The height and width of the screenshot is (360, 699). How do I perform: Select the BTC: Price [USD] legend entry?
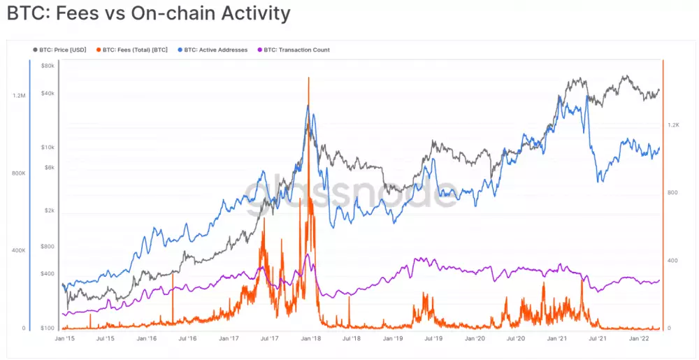point(62,50)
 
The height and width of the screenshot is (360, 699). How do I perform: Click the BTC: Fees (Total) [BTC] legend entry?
point(135,50)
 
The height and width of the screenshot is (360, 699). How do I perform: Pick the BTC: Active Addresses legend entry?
point(215,50)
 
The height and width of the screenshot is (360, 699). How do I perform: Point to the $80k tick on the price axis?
point(48,66)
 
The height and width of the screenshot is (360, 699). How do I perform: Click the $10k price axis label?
point(48,147)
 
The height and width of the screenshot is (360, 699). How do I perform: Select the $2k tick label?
point(49,210)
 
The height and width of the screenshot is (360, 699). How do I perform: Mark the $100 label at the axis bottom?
point(48,329)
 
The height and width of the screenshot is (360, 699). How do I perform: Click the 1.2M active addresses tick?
point(19,96)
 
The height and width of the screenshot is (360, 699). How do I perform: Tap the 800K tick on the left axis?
point(19,173)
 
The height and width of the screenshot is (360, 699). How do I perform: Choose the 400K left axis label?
point(19,250)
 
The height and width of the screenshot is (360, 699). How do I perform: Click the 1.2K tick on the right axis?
point(673,125)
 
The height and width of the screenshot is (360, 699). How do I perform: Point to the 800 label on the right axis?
point(673,193)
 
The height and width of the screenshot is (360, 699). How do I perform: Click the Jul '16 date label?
point(187,338)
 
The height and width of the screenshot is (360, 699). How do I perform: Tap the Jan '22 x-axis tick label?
point(640,338)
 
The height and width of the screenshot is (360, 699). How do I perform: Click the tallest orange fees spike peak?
point(308,78)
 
